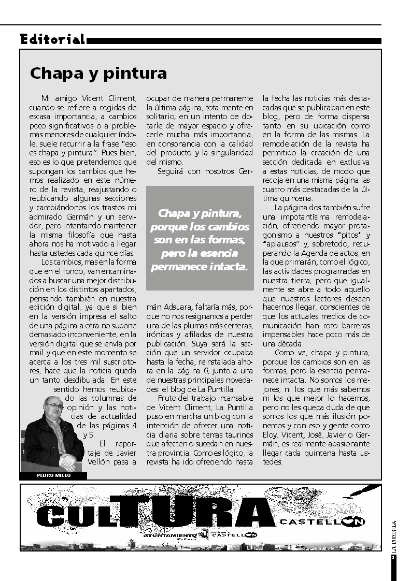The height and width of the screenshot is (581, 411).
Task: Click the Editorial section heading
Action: point(52,39)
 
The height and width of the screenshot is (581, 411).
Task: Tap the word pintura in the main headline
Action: point(134,74)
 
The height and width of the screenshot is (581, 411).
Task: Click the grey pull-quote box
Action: point(200,238)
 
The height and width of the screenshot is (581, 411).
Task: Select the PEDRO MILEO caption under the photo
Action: point(53,475)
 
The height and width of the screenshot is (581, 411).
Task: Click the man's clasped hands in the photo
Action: point(67,458)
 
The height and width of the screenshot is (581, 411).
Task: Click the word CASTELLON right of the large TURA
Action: point(321,522)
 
